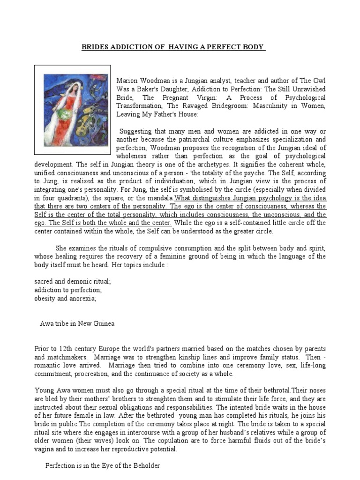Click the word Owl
click(x=319, y=81)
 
